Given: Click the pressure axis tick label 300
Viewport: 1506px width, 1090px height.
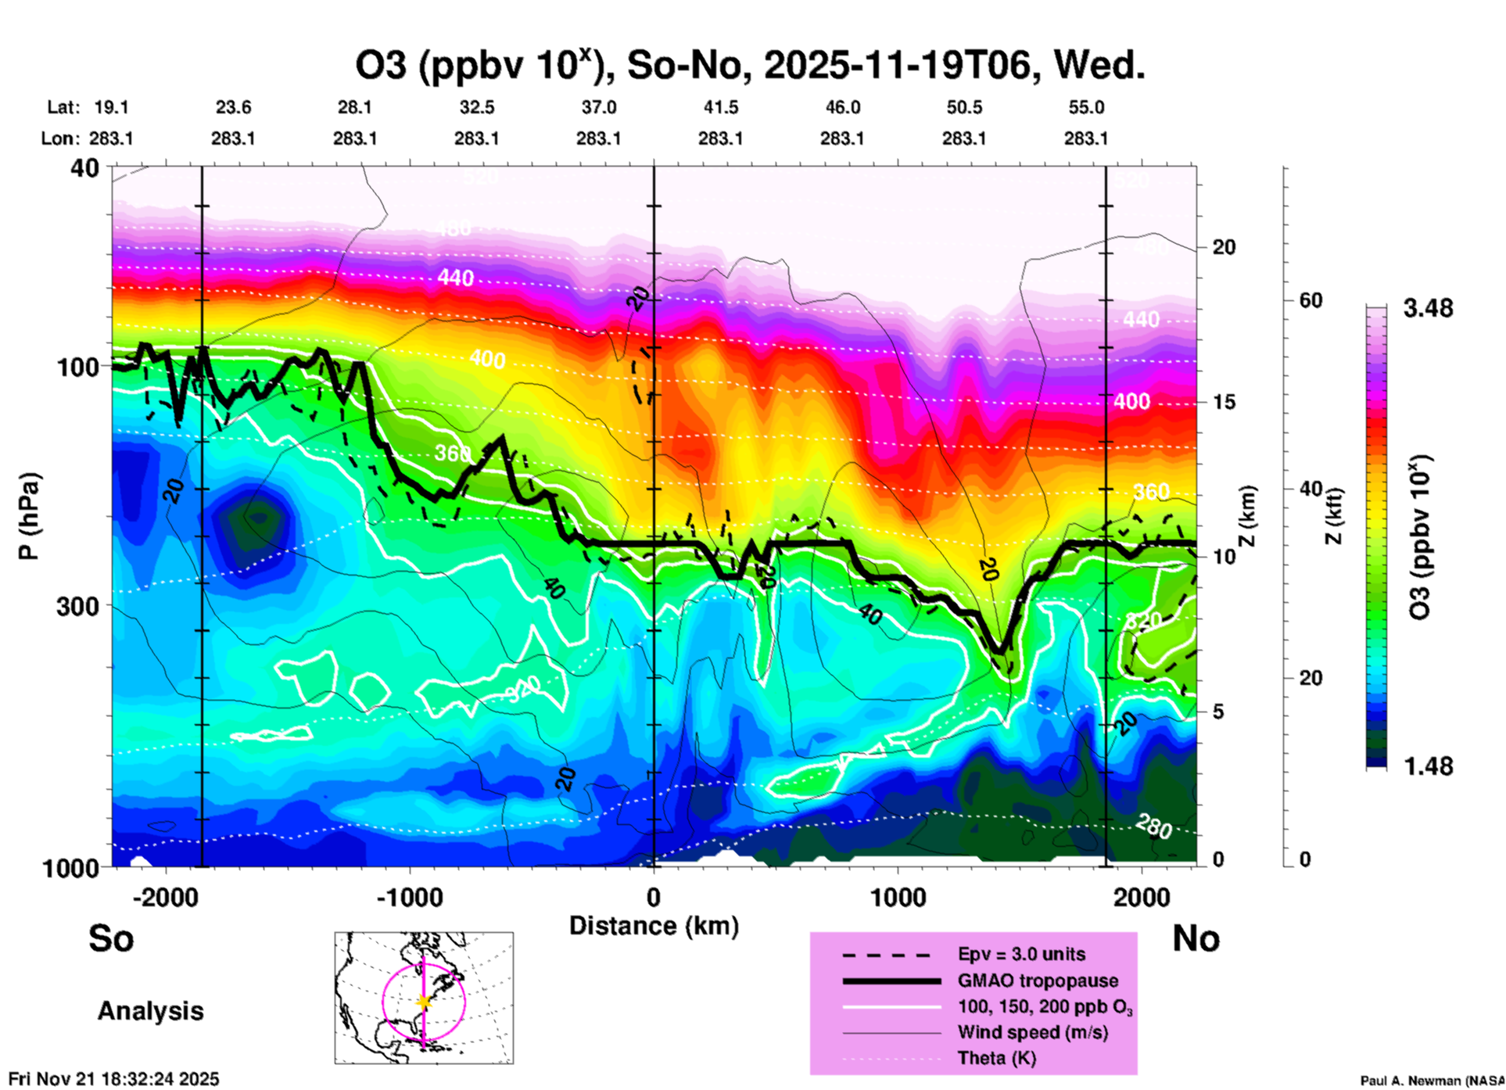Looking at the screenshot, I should [78, 606].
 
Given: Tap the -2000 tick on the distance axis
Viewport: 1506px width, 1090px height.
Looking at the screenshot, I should [165, 897].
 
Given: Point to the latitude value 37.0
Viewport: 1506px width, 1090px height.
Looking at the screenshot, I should [598, 107].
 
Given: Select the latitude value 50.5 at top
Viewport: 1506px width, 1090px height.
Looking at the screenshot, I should [963, 107].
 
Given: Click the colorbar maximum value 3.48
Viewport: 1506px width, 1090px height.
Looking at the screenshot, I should [1428, 308].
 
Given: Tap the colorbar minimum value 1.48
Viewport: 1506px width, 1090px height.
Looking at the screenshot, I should [1428, 766].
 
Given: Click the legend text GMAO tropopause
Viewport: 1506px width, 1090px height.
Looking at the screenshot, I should [1038, 981].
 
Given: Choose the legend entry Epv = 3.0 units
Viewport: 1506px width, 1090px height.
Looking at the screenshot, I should [1021, 954].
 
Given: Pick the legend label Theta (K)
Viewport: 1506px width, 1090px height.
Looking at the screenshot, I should [996, 1058].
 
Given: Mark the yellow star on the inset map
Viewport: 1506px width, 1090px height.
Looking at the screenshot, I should [424, 1002].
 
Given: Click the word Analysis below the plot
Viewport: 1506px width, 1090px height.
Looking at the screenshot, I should [150, 1011].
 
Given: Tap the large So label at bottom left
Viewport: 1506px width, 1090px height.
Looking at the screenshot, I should [111, 938].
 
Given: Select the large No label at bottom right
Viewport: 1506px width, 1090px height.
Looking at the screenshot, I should [1196, 938].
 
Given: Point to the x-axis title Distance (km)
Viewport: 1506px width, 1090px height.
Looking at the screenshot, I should [654, 926].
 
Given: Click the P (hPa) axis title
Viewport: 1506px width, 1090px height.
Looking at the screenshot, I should [29, 516].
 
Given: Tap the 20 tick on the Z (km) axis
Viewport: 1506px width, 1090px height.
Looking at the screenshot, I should [1224, 248].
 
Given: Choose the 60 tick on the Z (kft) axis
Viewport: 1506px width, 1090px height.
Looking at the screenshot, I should [1311, 300].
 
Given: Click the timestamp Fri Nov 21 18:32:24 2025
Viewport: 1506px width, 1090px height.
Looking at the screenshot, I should [114, 1079].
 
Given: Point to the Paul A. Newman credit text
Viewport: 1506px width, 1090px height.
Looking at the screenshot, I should [1432, 1081].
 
